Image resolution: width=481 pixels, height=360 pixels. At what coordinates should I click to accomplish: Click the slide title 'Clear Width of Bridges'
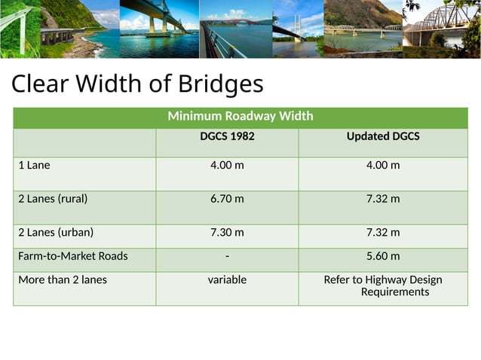click(137, 83)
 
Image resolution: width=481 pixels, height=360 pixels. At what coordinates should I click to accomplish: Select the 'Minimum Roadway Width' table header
click(240, 117)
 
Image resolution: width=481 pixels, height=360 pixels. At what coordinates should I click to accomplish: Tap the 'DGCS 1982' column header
click(227, 137)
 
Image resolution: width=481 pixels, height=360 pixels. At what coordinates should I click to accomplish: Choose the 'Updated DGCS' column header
click(383, 137)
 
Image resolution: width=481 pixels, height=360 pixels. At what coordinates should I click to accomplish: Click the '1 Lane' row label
click(35, 165)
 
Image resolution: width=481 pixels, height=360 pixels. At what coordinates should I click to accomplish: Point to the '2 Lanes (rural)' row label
click(53, 199)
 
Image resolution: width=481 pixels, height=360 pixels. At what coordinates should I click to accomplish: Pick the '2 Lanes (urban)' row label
click(56, 233)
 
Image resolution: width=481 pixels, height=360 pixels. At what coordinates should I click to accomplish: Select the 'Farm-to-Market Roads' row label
click(73, 256)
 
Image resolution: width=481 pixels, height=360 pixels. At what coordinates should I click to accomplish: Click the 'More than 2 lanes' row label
click(63, 280)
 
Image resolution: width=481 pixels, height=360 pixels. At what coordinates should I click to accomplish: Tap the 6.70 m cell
click(227, 199)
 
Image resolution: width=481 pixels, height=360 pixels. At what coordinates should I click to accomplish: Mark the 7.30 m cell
click(227, 233)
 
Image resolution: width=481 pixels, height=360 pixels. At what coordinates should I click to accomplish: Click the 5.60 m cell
click(383, 256)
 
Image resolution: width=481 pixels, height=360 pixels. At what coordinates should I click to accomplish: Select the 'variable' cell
click(227, 280)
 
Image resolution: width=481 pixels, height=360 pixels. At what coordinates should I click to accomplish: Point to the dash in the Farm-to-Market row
click(227, 256)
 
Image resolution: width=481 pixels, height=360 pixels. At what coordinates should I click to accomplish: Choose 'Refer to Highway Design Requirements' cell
click(383, 285)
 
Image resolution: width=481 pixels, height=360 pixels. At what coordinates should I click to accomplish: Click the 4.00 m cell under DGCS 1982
click(227, 165)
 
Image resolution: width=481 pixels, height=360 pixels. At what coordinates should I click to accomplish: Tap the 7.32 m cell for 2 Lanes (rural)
click(383, 199)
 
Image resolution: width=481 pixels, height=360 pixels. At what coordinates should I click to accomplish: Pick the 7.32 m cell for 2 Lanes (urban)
click(383, 233)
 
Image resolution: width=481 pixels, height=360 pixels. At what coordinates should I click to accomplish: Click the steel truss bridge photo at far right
click(443, 29)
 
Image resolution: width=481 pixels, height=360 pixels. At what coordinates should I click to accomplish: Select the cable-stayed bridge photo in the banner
click(297, 29)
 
